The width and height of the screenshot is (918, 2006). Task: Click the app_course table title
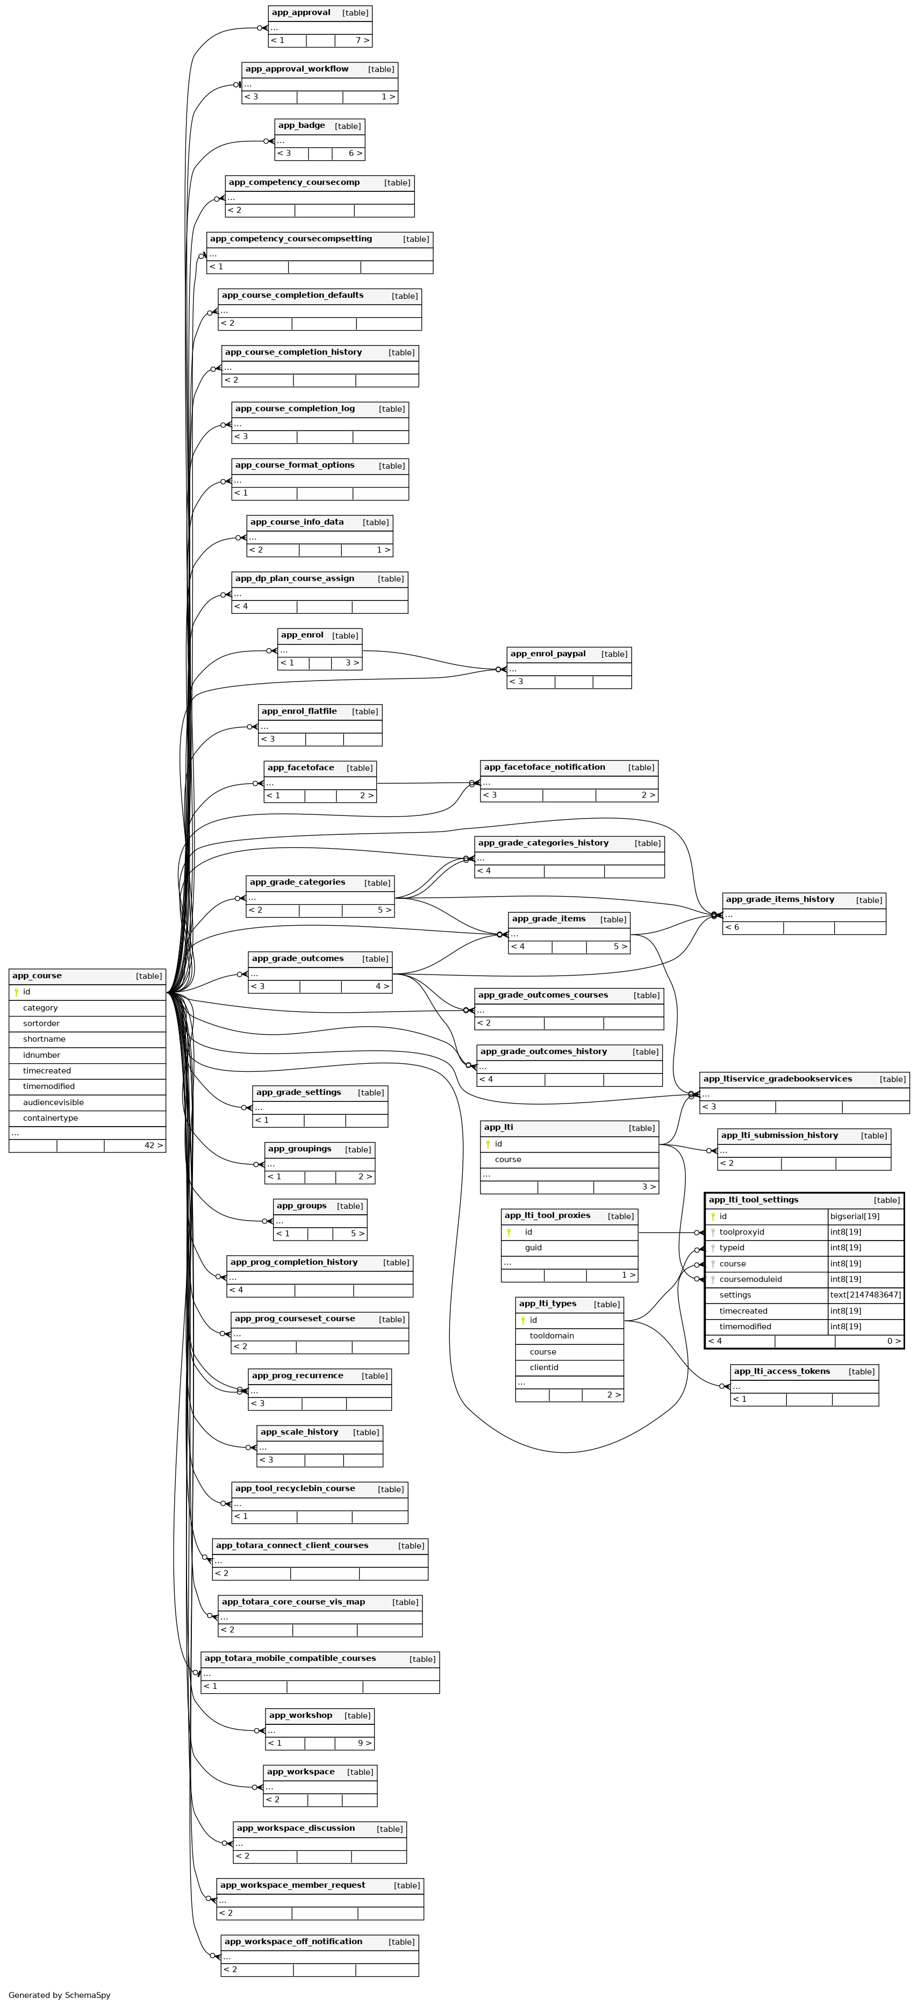pyautogui.click(x=37, y=976)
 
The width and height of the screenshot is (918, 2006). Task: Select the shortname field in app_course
pyautogui.click(x=44, y=1039)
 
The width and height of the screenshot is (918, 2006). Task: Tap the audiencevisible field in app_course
pyautogui.click(x=53, y=1102)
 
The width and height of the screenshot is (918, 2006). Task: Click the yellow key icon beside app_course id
pyautogui.click(x=16, y=992)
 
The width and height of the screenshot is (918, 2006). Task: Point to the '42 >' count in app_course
pyautogui.click(x=153, y=1145)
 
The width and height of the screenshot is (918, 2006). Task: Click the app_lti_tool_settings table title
pyautogui.click(x=753, y=1200)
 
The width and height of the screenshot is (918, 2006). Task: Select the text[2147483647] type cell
pyautogui.click(x=865, y=1295)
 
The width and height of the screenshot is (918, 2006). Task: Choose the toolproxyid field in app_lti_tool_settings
pyautogui.click(x=741, y=1232)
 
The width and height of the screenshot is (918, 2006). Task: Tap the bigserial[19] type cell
pyautogui.click(x=854, y=1216)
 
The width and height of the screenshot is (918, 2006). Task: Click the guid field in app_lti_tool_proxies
pyautogui.click(x=533, y=1248)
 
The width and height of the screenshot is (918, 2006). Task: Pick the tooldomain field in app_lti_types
pyautogui.click(x=551, y=1336)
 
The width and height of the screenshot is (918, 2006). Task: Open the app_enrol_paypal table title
pyautogui.click(x=547, y=654)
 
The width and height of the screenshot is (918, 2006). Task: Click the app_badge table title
pyautogui.click(x=302, y=125)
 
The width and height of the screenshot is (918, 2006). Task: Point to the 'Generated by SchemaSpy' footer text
pyautogui.click(x=59, y=1995)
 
